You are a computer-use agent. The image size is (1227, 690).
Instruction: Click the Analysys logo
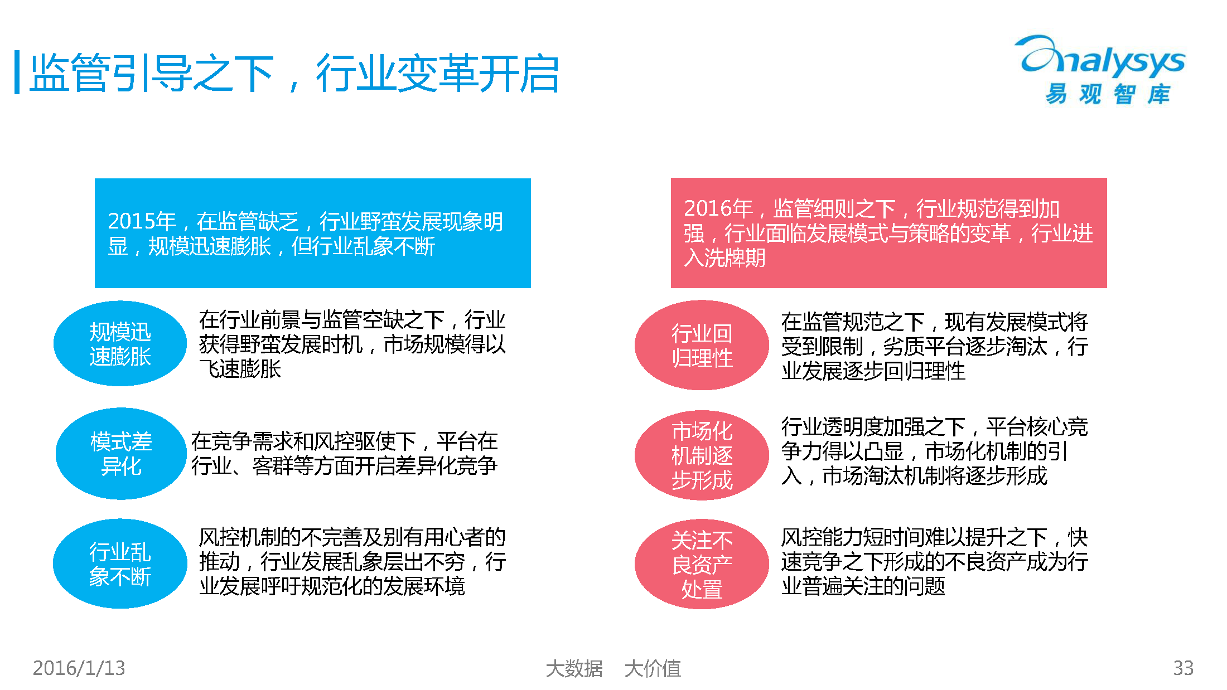click(x=1102, y=70)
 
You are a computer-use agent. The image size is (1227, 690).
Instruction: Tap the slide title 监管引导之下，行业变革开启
click(x=294, y=73)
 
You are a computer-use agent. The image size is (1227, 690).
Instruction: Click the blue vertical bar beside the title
click(x=17, y=72)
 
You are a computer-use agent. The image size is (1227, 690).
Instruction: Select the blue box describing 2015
click(x=313, y=233)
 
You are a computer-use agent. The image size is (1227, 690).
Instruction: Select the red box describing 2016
click(x=888, y=233)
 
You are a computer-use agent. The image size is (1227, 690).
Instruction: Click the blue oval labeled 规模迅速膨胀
click(x=120, y=344)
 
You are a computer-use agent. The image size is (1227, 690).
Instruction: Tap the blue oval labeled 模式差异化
click(x=121, y=454)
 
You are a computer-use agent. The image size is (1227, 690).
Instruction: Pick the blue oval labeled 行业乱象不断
click(x=120, y=563)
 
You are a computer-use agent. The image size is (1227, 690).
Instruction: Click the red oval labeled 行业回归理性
click(x=702, y=345)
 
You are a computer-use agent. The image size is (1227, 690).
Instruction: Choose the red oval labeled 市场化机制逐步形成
click(x=702, y=455)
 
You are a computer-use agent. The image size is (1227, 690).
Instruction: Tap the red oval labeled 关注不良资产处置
click(x=702, y=564)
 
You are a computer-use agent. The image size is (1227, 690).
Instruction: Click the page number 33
click(x=1183, y=668)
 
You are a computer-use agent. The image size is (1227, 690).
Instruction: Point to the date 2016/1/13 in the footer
click(x=79, y=668)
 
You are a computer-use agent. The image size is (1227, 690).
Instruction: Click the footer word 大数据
click(x=574, y=668)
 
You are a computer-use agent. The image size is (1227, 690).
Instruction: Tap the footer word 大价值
click(x=653, y=668)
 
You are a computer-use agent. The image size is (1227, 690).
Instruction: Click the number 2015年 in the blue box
click(x=142, y=221)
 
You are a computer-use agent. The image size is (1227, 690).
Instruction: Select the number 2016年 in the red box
click(x=718, y=208)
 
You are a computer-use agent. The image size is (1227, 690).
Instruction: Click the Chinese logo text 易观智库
click(x=1108, y=94)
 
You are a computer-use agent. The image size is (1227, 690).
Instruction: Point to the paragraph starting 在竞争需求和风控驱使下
click(x=345, y=453)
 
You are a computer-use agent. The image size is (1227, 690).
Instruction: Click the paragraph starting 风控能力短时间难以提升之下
click(x=935, y=562)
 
